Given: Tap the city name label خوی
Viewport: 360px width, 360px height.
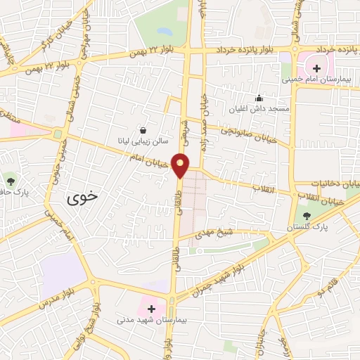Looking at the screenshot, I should (x=79, y=198).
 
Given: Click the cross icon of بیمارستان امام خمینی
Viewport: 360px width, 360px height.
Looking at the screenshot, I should (x=316, y=68).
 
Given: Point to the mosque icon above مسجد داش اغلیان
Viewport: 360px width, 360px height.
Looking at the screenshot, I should (x=259, y=98).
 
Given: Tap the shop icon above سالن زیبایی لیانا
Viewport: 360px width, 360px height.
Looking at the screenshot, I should (x=143, y=130).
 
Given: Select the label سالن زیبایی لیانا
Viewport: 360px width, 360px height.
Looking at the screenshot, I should (x=143, y=141).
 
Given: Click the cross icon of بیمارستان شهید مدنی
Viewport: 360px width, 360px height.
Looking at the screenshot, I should (x=151, y=309).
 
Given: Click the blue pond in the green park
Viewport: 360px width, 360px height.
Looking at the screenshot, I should (x=163, y=32).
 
